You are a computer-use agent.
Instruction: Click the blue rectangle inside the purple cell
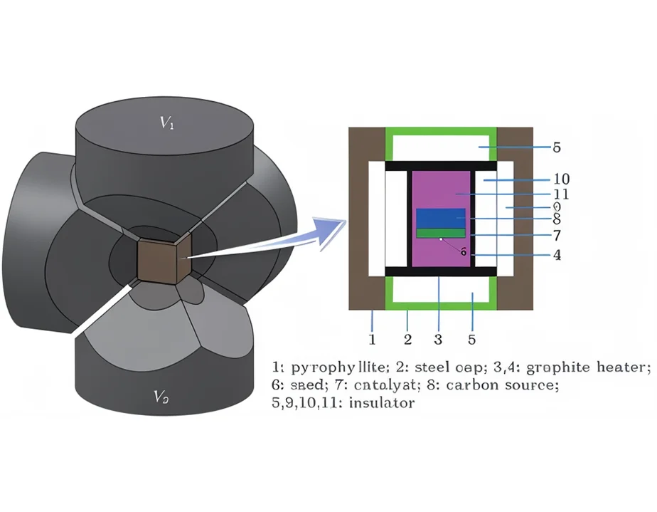(440, 218)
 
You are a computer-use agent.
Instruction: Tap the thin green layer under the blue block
(440, 233)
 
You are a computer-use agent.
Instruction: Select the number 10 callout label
(561, 179)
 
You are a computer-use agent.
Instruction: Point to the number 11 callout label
(560, 194)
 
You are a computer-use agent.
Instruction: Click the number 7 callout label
(557, 235)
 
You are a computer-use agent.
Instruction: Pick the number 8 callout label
(557, 220)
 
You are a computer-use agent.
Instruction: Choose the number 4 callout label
(557, 255)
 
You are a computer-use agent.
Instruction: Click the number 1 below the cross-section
(371, 338)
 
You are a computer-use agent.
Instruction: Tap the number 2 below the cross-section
(407, 338)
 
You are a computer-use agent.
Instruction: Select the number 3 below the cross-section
(439, 338)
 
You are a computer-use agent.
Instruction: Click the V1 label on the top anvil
(166, 123)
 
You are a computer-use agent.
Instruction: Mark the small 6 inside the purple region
(463, 251)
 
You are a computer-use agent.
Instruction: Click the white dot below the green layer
(441, 240)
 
